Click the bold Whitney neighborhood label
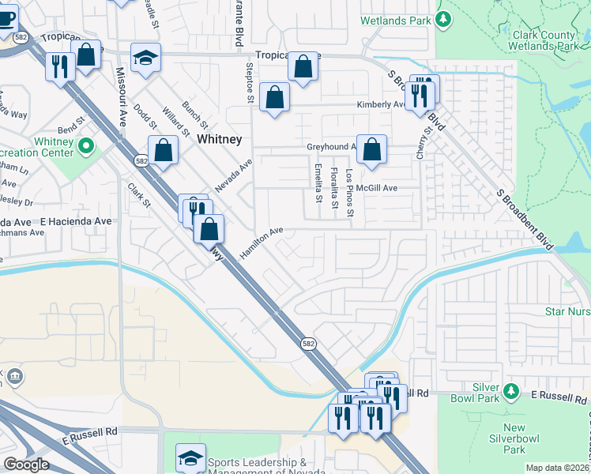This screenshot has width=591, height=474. point(219,139)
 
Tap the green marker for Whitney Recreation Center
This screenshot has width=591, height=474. point(87,145)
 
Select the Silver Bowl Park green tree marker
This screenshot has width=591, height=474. point(511,390)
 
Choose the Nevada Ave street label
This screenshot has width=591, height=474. point(234,176)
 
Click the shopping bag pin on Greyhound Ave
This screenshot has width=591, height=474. point(371,149)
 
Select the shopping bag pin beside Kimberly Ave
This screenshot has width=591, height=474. point(273,98)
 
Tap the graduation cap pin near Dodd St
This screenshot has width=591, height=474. point(145,58)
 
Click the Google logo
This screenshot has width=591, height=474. point(26,465)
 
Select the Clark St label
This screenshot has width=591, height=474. point(139,196)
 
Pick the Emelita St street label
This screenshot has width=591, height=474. point(318,182)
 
